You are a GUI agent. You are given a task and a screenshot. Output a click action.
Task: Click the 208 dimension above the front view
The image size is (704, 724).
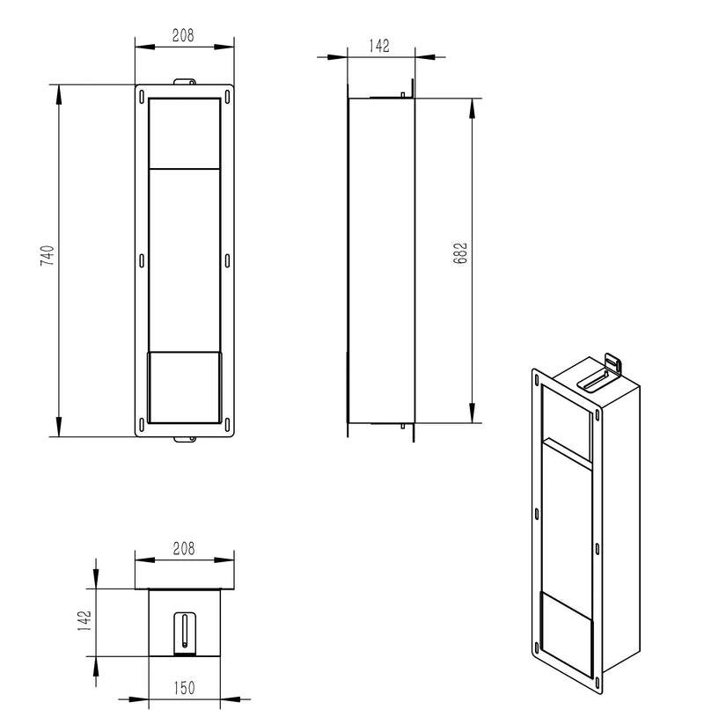[184, 36]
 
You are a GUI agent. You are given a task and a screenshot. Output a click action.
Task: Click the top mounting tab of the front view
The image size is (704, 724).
[184, 82]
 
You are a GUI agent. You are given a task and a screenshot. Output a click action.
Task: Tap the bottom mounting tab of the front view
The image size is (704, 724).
[184, 439]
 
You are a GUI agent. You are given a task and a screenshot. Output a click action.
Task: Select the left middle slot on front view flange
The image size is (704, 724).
[142, 260]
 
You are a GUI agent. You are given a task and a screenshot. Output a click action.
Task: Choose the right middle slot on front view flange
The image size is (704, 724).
[227, 260]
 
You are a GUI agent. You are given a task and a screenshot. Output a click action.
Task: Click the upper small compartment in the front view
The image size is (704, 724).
[184, 132]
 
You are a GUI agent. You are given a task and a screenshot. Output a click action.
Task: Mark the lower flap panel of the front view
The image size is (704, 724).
[184, 386]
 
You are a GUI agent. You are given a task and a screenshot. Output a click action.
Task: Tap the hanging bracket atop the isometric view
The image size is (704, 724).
[609, 369]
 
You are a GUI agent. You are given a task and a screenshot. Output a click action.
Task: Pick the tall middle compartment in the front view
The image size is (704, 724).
[184, 260]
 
